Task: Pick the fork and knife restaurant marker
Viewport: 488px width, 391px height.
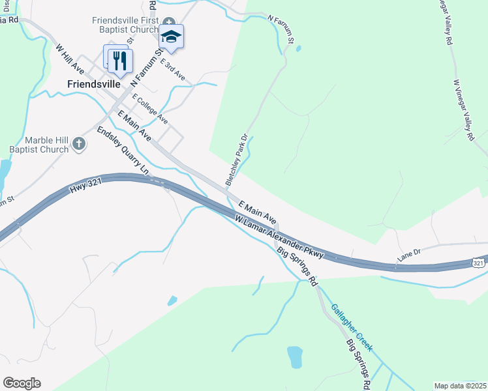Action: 119,60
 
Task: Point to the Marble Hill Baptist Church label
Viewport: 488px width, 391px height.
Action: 46,145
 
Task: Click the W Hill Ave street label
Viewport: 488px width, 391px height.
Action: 71,59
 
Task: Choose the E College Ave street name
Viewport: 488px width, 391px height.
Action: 150,109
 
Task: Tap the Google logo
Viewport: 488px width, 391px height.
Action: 22,383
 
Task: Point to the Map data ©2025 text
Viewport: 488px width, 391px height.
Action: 459,386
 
